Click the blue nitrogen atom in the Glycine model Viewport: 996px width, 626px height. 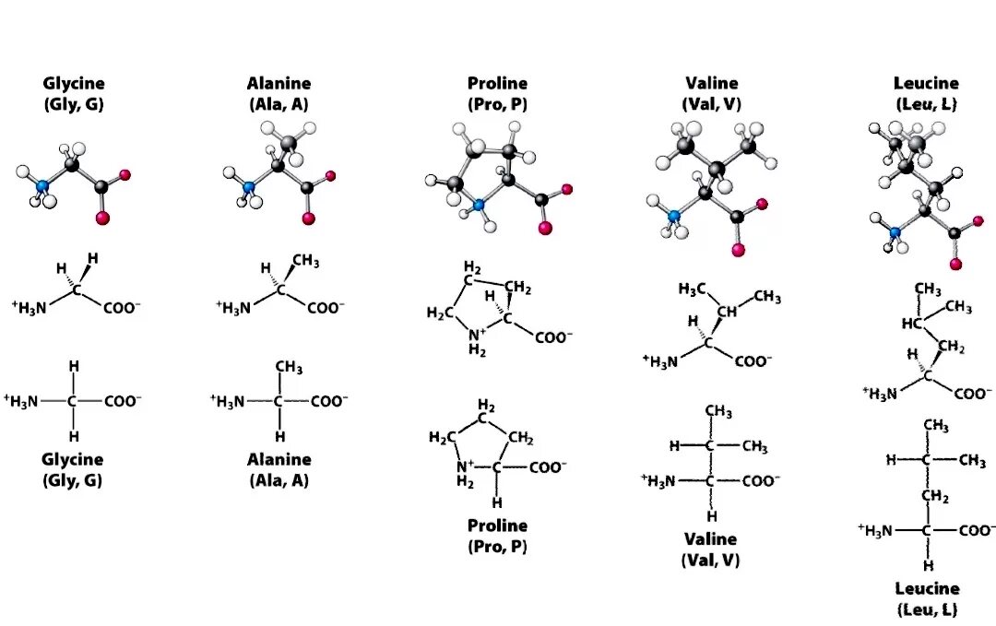[41, 186]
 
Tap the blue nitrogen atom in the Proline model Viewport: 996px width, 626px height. [478, 207]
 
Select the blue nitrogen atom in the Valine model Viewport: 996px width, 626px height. [673, 216]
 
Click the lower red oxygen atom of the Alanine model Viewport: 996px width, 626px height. [308, 219]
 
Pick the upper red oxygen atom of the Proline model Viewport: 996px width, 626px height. [566, 190]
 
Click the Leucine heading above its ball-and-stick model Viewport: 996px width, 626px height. [927, 84]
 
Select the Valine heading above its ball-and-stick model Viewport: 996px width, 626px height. [712, 84]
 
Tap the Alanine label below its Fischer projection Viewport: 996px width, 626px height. [279, 459]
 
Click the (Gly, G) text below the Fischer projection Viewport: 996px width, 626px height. [73, 479]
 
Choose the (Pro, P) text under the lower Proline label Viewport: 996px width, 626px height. [497, 546]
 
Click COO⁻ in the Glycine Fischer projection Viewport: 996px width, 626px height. [123, 401]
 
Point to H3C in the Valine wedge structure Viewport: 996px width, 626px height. [692, 289]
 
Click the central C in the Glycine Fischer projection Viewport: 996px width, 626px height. [73, 401]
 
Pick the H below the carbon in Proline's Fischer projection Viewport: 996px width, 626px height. [497, 502]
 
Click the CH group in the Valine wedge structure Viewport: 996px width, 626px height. [727, 312]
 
